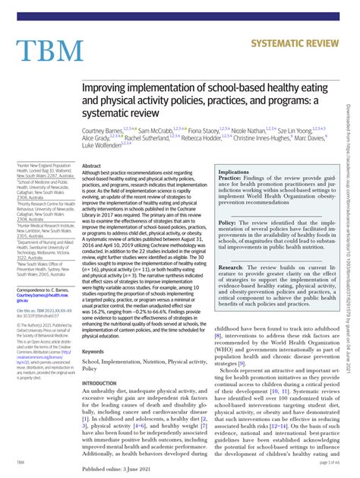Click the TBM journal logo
point(49,50)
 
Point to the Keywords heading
point(93,352)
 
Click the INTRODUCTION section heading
point(105,383)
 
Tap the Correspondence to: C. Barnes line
point(42,291)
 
